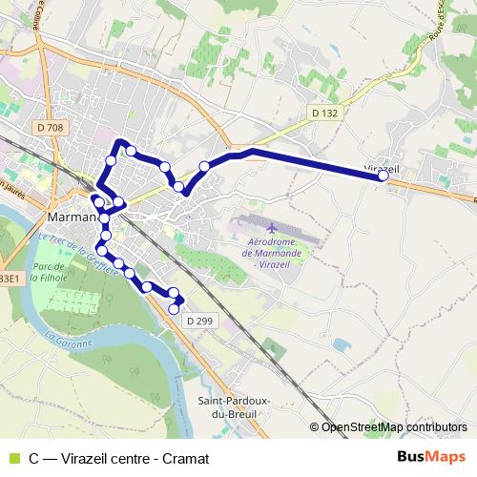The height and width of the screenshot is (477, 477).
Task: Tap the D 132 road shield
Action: [x=324, y=113]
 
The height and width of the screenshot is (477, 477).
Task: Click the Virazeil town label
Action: [x=383, y=167]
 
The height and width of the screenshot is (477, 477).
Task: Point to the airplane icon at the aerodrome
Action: [x=273, y=229]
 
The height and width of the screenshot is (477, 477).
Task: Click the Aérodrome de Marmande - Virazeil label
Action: [x=274, y=253]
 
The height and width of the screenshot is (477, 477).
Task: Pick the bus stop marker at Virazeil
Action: [x=384, y=176]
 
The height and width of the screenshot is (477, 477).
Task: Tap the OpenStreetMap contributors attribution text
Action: [x=394, y=427]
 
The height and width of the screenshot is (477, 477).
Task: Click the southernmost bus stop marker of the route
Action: [x=174, y=309]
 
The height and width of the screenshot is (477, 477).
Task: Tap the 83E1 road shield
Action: [x=8, y=278]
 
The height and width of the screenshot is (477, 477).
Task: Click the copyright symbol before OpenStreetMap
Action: [x=315, y=427]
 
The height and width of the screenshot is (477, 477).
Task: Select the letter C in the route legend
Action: [x=34, y=458]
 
